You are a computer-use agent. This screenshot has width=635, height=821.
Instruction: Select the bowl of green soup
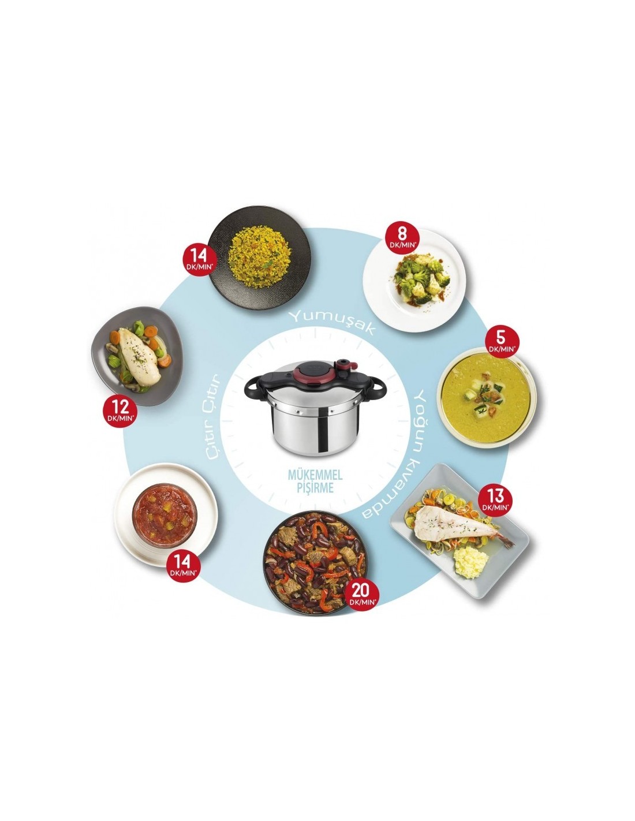point(486,398)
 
